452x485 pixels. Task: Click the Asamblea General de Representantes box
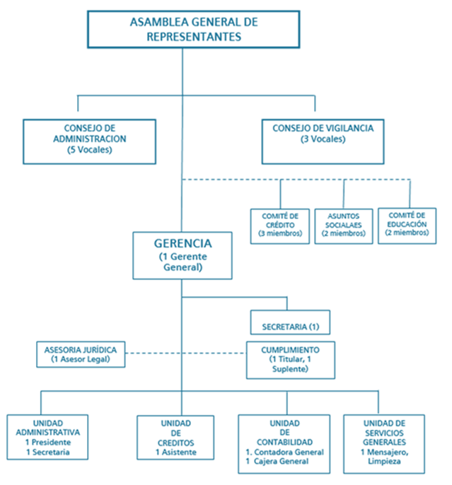(193, 30)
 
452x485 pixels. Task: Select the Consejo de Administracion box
(89, 141)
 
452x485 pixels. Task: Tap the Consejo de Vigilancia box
(323, 141)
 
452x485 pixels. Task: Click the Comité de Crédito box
(280, 226)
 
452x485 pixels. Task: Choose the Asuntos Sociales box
(344, 226)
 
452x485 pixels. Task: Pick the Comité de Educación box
(407, 226)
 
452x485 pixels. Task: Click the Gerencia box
(182, 255)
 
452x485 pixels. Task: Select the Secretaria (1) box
(290, 322)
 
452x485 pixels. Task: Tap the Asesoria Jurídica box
(81, 354)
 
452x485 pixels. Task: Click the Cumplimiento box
(291, 360)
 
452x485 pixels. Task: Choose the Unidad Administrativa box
(47, 437)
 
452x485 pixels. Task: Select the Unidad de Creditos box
(175, 438)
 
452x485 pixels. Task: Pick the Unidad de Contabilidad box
(284, 444)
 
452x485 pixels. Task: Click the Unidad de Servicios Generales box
(384, 444)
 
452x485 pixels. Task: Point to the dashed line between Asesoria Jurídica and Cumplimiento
(185, 353)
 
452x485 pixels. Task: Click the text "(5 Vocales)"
(90, 150)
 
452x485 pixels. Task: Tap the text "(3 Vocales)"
(323, 139)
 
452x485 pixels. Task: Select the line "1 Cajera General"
(277, 461)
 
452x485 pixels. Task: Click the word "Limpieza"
(384, 461)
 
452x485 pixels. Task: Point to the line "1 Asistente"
(176, 452)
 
